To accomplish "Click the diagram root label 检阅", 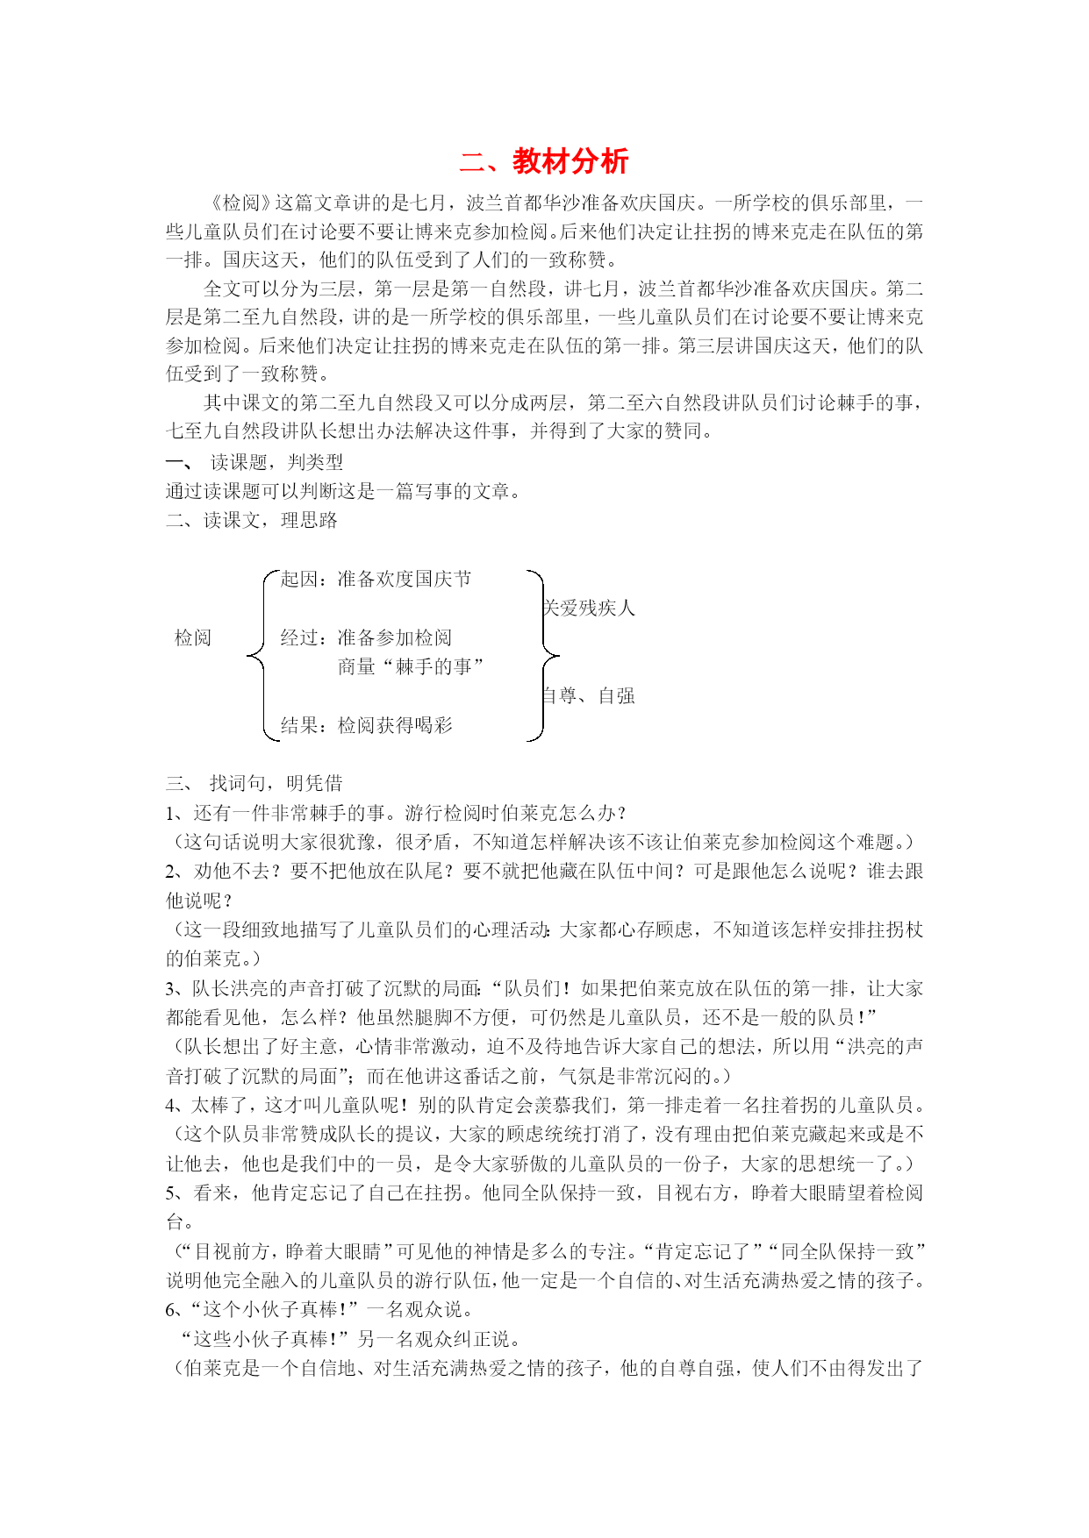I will pyautogui.click(x=193, y=637).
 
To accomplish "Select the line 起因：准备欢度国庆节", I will pyautogui.click(x=376, y=579).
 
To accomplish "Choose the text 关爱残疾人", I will pyautogui.click(x=589, y=608).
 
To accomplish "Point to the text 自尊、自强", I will pyautogui.click(x=589, y=695).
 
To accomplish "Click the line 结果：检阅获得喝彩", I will pyautogui.click(x=367, y=725).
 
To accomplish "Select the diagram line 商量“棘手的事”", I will pyautogui.click(x=410, y=666).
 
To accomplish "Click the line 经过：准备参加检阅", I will pyautogui.click(x=366, y=637).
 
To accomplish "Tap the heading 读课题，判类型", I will pyautogui.click(x=277, y=462).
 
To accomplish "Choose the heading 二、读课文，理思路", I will pyautogui.click(x=252, y=520).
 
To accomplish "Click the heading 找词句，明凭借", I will pyautogui.click(x=276, y=783).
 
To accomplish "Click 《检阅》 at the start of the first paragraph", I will pyautogui.click(x=238, y=203).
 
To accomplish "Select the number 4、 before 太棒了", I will pyautogui.click(x=176, y=1105).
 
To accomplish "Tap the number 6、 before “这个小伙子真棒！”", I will pyautogui.click(x=176, y=1310).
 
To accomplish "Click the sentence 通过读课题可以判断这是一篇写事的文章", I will pyautogui.click(x=342, y=491).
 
